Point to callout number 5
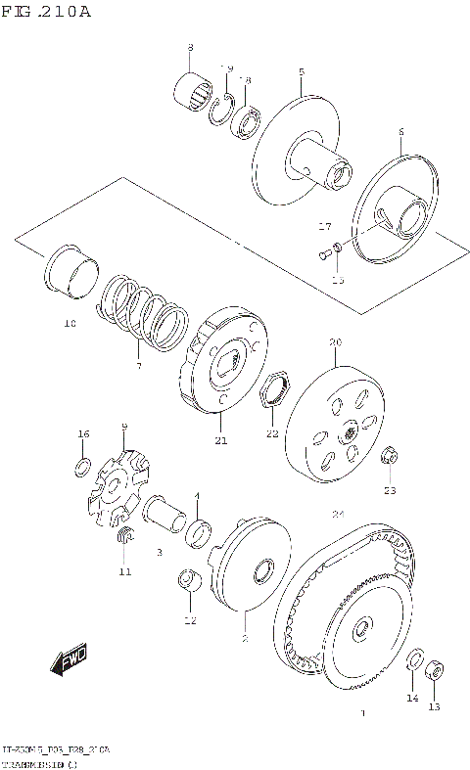click(x=302, y=73)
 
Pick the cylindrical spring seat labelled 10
click(x=72, y=270)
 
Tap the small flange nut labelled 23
click(x=389, y=457)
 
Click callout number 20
click(x=335, y=343)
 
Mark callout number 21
click(x=221, y=441)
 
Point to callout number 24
click(x=338, y=515)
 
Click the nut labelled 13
click(x=435, y=672)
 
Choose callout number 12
click(x=189, y=620)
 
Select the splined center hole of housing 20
click(x=350, y=430)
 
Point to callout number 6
click(x=400, y=133)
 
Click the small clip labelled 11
click(x=124, y=535)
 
